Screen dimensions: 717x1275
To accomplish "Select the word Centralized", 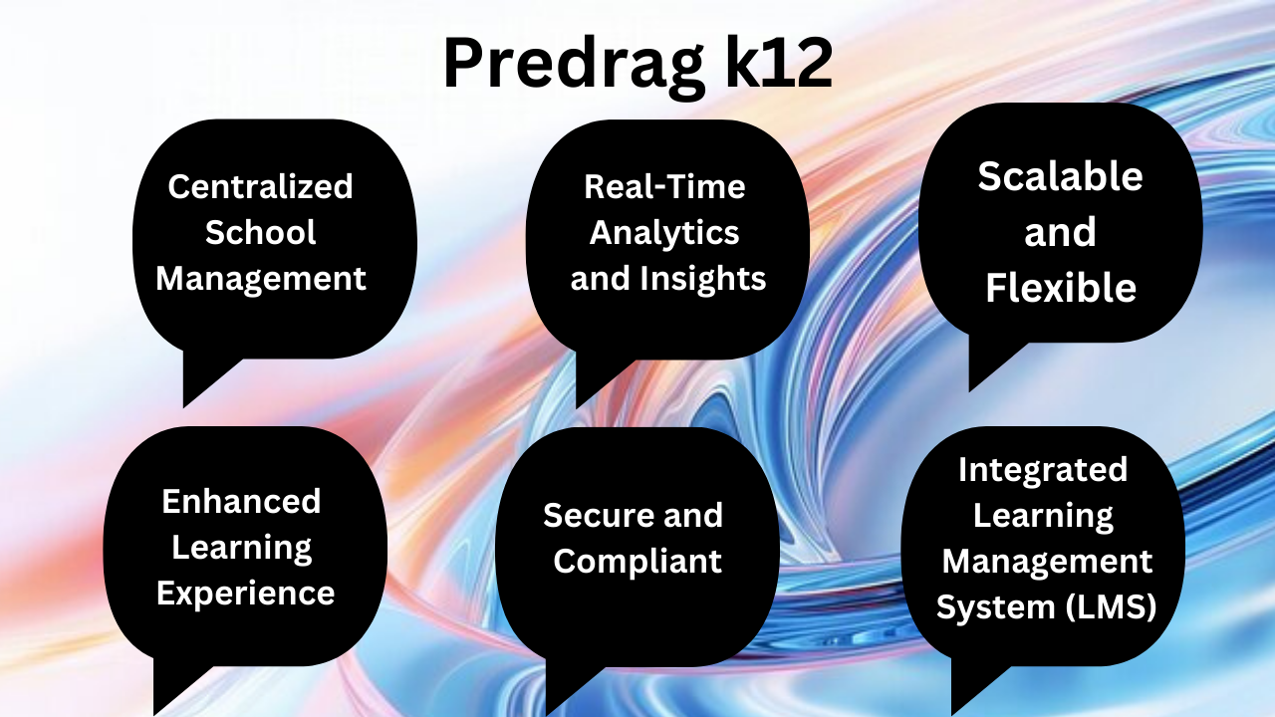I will click(260, 186).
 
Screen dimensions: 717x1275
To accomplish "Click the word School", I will click(260, 232).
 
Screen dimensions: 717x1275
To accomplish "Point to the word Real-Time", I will click(664, 186).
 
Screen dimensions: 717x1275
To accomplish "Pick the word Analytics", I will click(664, 233).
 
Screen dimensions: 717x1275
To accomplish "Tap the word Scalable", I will click(1060, 176).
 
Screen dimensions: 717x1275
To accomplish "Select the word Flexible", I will click(1061, 288).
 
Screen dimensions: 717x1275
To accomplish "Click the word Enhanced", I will click(241, 501).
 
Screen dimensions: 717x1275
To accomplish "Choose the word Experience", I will click(245, 594).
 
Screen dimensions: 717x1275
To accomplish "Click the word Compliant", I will click(637, 561).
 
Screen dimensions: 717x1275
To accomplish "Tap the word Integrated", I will click(1043, 469).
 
